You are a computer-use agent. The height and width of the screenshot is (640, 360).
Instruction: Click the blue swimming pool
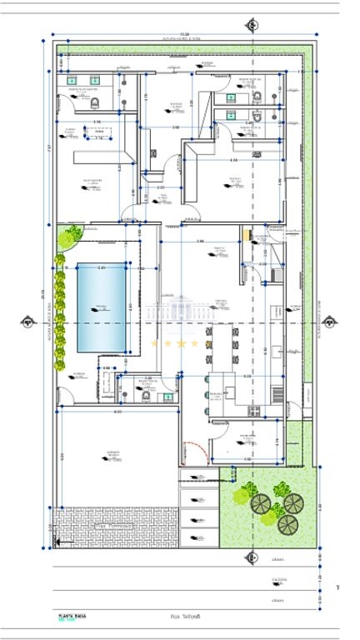[x=101, y=307]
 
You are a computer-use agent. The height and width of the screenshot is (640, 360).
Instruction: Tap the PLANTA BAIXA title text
[x=72, y=617]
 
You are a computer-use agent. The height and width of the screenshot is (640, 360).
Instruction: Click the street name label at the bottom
[x=181, y=617]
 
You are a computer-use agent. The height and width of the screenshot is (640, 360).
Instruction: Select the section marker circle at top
[x=252, y=24]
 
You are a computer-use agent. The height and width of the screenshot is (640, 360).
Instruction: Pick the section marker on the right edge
[x=329, y=322]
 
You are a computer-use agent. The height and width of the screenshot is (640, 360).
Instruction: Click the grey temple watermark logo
[x=180, y=312]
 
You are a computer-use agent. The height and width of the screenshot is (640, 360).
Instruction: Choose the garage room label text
[x=112, y=455]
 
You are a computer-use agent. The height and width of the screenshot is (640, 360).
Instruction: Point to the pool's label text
[x=101, y=308]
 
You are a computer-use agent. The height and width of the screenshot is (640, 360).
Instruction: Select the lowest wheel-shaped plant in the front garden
[x=287, y=523]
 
